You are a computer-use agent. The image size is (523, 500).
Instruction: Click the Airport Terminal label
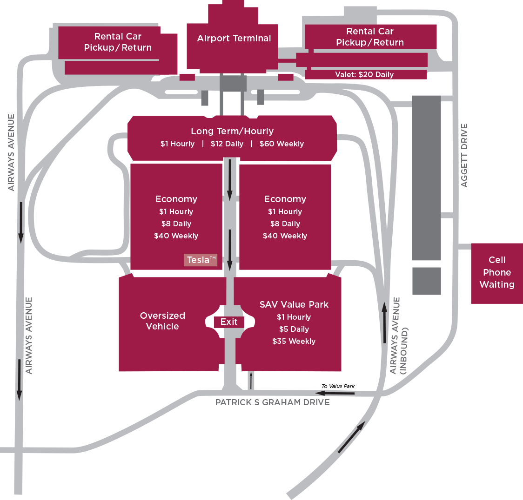pos(234,39)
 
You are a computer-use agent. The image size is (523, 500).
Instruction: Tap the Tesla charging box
pos(201,260)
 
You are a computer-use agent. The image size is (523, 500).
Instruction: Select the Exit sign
pos(229,322)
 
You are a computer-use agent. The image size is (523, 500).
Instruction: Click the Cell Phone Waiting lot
pos(496,273)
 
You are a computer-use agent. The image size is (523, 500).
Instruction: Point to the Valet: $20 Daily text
pos(364,74)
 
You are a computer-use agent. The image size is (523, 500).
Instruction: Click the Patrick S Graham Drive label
pos(272,402)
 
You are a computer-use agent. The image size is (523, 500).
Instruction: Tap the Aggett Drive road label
pos(464,155)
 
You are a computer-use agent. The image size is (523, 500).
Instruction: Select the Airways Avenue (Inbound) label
pos(399,336)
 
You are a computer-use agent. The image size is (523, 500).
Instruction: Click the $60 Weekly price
pos(282,144)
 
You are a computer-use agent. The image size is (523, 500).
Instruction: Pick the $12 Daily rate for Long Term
pos(227,144)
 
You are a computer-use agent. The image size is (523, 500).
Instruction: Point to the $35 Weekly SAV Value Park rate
pos(294,342)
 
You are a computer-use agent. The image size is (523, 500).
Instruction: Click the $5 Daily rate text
pos(294,329)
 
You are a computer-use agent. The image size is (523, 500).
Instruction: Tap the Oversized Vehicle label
pos(162,321)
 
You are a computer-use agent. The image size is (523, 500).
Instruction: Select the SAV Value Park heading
pos(294,305)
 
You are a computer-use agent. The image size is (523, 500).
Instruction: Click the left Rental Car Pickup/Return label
pos(118,42)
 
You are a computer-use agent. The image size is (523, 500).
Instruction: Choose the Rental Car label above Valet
pos(370,37)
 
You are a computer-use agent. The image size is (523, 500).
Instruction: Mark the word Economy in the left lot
pos(176,199)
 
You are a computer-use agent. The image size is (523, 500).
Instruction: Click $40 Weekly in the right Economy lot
pos(285,236)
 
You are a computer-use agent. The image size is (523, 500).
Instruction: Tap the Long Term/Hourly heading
pos(232,132)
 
